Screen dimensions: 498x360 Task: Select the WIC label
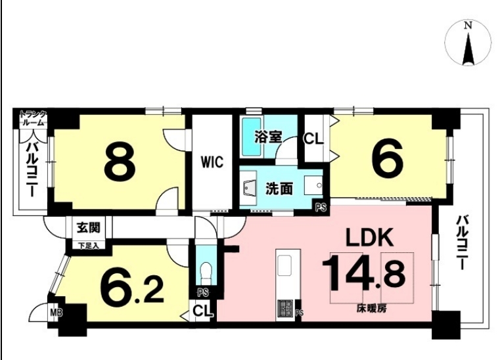[x=212, y=162]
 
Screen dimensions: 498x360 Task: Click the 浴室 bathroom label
[x=268, y=137]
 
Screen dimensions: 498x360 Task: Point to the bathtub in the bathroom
[x=252, y=137]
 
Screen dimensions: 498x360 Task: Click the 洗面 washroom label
[x=279, y=189]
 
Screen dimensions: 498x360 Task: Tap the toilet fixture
[x=206, y=273]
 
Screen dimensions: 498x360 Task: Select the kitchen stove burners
[x=285, y=308]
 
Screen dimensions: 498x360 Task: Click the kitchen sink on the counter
[x=285, y=265]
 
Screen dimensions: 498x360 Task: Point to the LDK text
[x=369, y=237]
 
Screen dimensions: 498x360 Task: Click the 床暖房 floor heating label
[x=371, y=308]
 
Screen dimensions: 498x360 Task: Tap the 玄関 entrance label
[x=89, y=227]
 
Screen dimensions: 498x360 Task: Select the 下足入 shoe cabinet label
[x=89, y=246]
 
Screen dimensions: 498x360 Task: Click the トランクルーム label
[x=34, y=118]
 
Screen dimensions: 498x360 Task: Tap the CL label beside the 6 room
[x=313, y=139]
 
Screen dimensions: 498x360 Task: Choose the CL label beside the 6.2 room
[x=202, y=311]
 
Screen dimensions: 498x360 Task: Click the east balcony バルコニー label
[x=463, y=243]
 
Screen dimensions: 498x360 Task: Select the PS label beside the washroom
[x=321, y=208]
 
